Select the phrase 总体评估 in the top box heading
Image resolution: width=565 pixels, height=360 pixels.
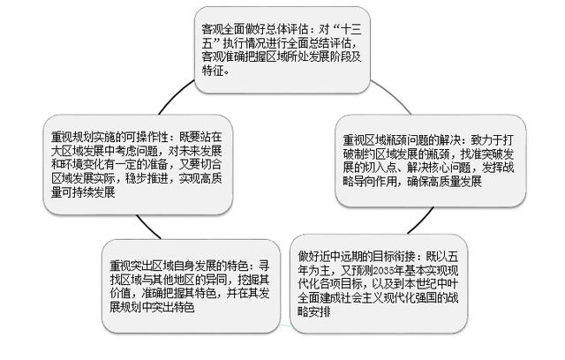pos(287,29)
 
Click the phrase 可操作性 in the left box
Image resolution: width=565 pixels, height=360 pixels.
pos(147,137)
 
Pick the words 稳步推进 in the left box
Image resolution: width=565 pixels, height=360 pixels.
pos(147,178)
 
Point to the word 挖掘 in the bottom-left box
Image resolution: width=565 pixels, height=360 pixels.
pos(249,280)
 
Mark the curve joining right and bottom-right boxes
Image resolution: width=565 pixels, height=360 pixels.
pos(422,221)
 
